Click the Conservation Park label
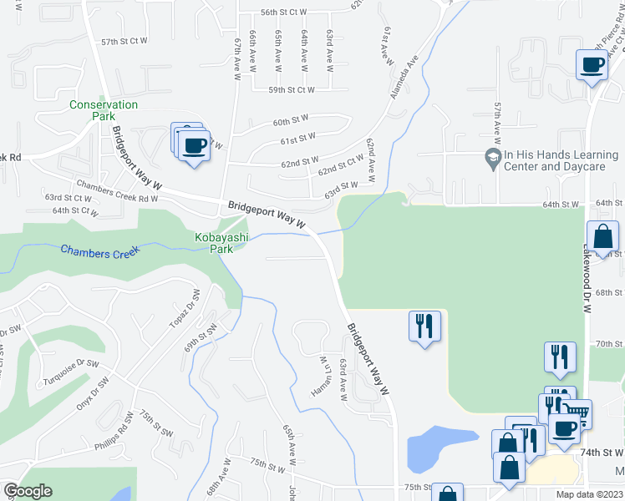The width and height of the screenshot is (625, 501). (x=103, y=110)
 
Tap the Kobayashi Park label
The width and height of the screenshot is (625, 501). (x=209, y=243)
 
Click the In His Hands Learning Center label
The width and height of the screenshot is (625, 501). (x=554, y=160)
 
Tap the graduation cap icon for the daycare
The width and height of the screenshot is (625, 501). (x=493, y=156)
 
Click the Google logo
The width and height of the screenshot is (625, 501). (x=28, y=491)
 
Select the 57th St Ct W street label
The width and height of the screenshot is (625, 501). (x=124, y=41)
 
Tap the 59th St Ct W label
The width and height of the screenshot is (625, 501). (x=291, y=89)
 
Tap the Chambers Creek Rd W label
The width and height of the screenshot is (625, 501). (x=117, y=192)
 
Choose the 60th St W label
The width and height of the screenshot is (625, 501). (x=291, y=122)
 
